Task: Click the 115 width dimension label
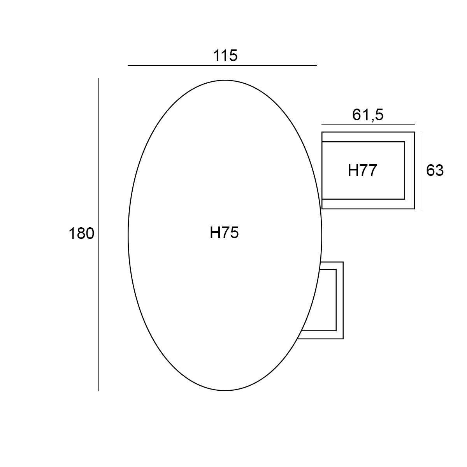click(225, 56)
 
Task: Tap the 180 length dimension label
click(81, 233)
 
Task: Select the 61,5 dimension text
click(368, 115)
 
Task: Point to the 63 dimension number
click(435, 170)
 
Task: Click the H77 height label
click(362, 170)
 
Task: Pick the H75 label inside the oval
click(224, 233)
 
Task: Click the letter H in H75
click(214, 233)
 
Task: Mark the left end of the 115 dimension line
click(128, 65)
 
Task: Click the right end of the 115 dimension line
click(316, 65)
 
